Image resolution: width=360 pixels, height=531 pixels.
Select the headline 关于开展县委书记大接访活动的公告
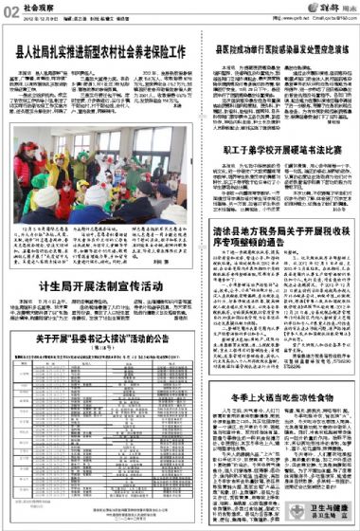[x=103, y=364]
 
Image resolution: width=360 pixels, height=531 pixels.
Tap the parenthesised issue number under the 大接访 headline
[x=103, y=375]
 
